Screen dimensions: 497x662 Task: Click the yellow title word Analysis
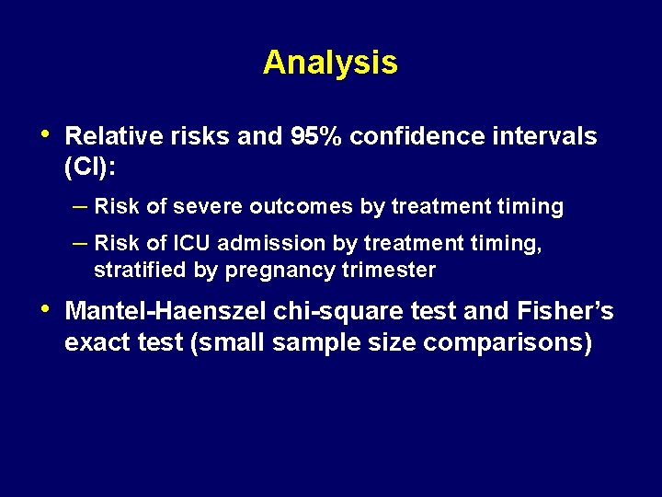pos(330,63)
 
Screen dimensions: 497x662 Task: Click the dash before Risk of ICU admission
pos(80,243)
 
